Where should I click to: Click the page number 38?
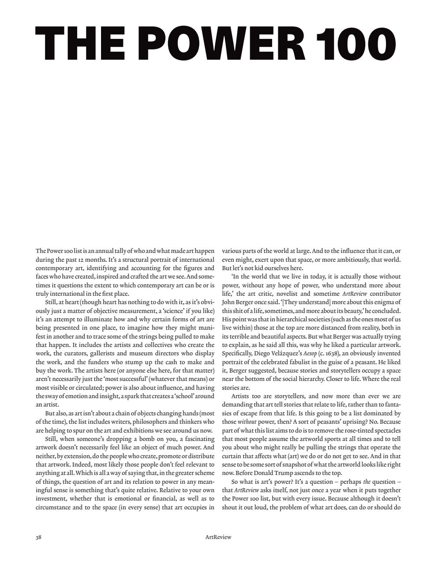[x=38, y=537]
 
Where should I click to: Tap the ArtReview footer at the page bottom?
[x=218, y=537]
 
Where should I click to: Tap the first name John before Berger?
[x=228, y=302]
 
